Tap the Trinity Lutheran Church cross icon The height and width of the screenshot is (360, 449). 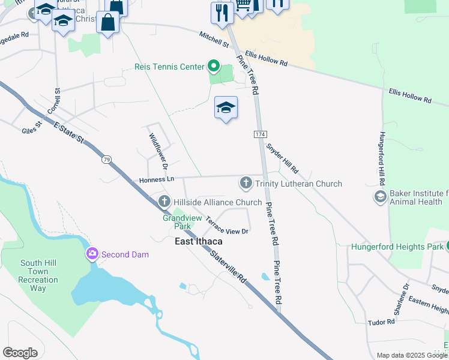point(246,183)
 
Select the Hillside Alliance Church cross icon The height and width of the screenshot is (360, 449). point(164,202)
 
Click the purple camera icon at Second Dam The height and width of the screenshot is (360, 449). point(92,254)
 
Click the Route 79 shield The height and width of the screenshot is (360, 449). point(106,160)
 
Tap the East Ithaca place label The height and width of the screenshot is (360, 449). point(198,241)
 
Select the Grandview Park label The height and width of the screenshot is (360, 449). point(177,222)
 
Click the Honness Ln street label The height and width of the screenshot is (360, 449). point(156,179)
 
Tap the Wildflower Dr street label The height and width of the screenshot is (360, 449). point(157,151)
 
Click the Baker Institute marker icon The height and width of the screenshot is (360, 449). point(379,196)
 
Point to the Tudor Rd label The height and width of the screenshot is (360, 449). point(382,322)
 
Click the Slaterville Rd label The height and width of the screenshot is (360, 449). point(229,267)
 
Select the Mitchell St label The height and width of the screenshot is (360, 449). point(214,40)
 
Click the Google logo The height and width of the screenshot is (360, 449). point(20,353)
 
